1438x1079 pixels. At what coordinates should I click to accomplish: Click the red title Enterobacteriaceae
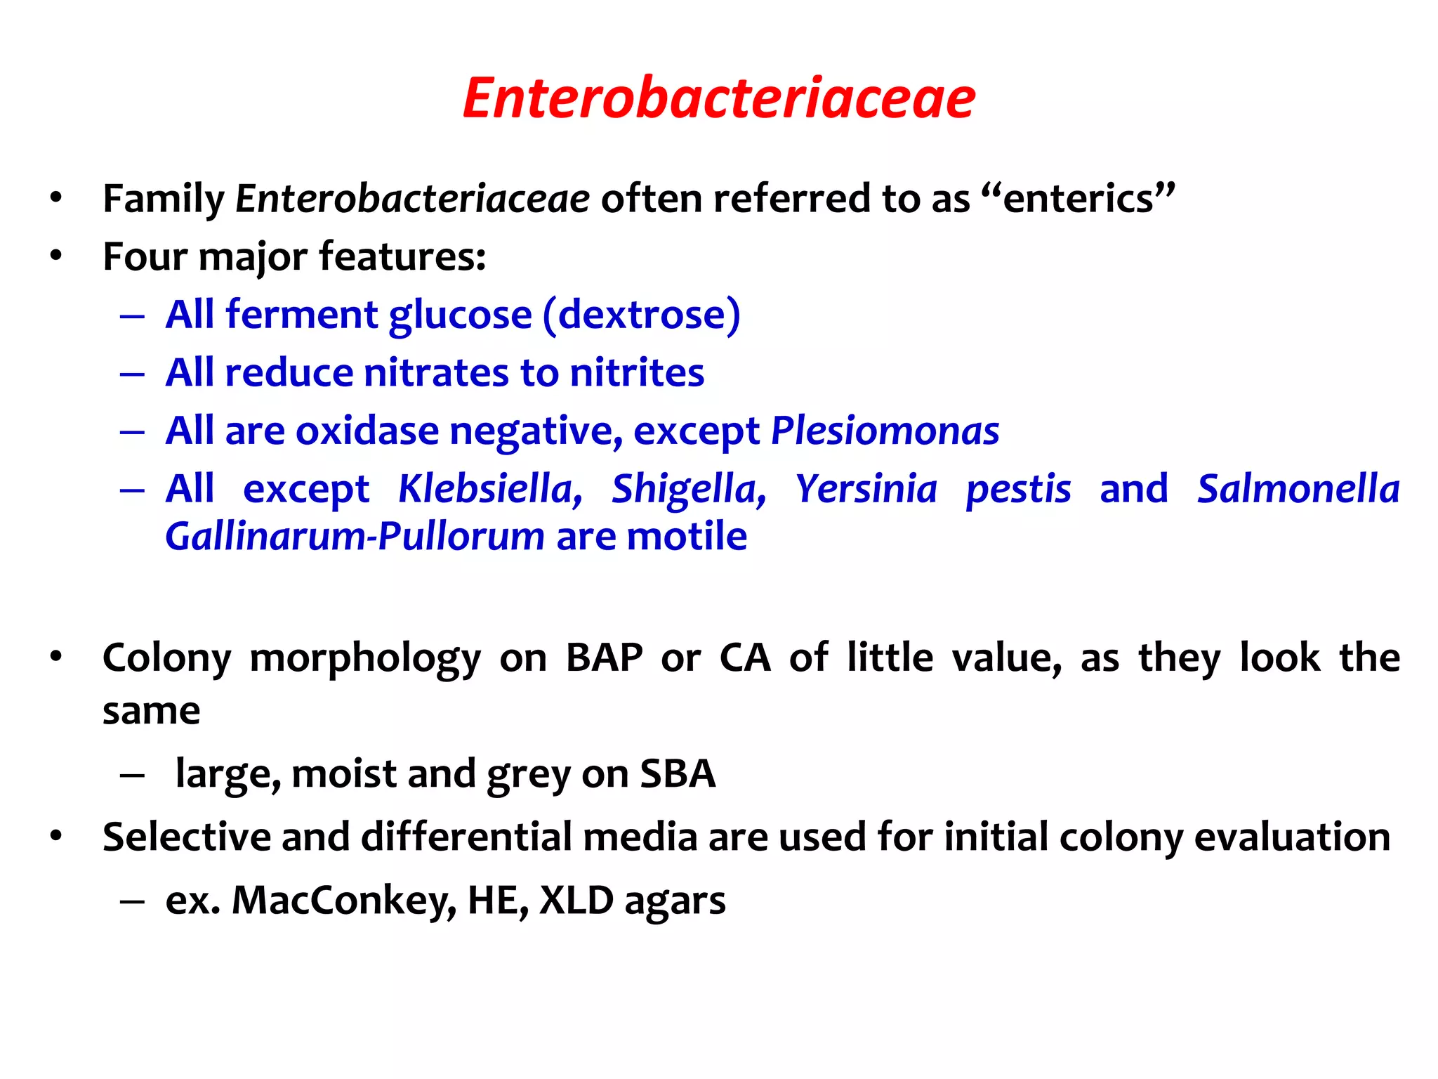[719, 98]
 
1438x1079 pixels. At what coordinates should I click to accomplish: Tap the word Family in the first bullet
[163, 199]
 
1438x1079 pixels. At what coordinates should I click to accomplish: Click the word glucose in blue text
[460, 315]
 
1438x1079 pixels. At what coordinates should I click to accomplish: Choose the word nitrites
[637, 372]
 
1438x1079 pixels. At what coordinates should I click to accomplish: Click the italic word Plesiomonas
[885, 431]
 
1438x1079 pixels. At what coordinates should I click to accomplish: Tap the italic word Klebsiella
[489, 489]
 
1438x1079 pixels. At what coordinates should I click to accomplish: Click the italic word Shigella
[688, 489]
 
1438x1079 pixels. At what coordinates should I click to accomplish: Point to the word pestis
[1018, 489]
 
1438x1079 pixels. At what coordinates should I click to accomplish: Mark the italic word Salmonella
[1298, 489]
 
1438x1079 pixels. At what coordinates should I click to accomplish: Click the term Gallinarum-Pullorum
[355, 537]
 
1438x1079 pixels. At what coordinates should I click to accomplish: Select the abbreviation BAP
[604, 658]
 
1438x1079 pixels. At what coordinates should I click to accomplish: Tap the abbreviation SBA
[678, 774]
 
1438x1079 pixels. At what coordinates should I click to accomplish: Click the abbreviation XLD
[576, 901]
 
